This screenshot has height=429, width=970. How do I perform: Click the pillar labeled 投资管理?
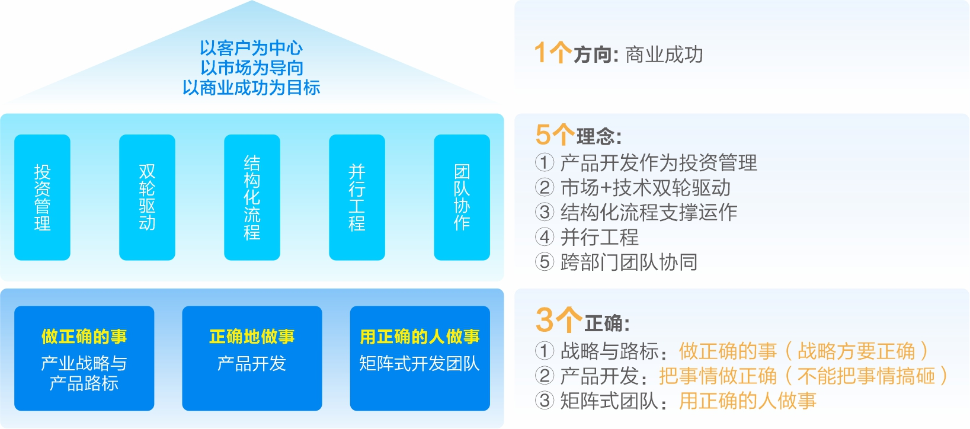click(x=42, y=197)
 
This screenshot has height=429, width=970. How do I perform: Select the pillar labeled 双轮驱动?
click(x=147, y=197)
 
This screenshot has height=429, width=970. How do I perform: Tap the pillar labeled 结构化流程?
click(x=252, y=197)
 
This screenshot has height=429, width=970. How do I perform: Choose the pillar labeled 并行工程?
click(x=357, y=197)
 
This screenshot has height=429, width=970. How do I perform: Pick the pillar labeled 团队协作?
click(x=462, y=197)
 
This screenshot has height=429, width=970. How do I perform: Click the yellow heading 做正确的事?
click(x=84, y=337)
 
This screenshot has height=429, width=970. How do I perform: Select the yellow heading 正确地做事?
click(x=252, y=337)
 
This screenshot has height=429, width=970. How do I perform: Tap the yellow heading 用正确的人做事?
click(x=420, y=337)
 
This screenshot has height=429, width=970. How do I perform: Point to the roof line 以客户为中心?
click(x=251, y=48)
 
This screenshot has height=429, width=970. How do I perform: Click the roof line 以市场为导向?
click(x=252, y=68)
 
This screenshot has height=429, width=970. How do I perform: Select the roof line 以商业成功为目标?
click(x=251, y=88)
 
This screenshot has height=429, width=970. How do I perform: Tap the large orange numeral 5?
click(x=543, y=135)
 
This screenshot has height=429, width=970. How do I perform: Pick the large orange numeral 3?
click(x=545, y=321)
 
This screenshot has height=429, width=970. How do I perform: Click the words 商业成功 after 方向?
click(x=664, y=55)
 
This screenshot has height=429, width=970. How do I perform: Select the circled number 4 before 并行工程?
click(x=545, y=237)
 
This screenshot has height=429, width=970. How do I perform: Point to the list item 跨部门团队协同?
click(x=629, y=262)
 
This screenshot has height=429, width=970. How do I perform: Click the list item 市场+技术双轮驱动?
click(x=645, y=187)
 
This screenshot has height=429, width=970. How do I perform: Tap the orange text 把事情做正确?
click(x=718, y=376)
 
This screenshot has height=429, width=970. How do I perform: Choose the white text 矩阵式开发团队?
click(x=420, y=363)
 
